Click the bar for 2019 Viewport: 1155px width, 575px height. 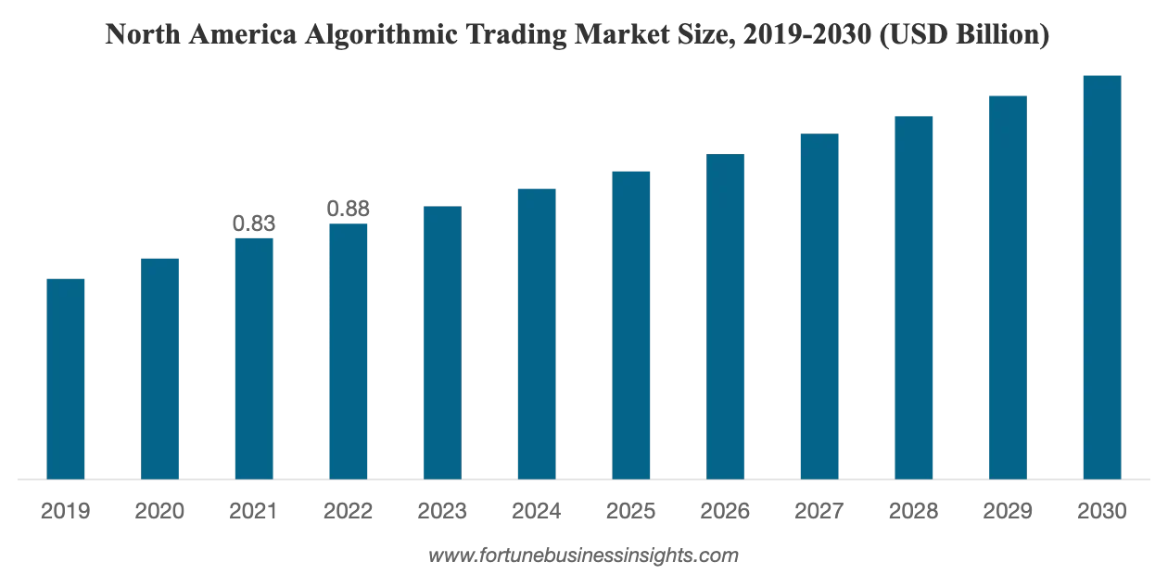(66, 379)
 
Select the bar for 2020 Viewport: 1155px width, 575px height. (159, 369)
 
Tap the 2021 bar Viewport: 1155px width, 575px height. (254, 359)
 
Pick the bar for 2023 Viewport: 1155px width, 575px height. (442, 343)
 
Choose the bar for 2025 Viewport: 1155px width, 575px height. (631, 326)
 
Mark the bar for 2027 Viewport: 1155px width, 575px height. (819, 306)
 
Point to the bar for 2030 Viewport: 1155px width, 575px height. (1102, 277)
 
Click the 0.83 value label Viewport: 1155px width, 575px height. (254, 224)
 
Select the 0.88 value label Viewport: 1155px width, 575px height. (348, 209)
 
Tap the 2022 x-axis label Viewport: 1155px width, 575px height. (348, 511)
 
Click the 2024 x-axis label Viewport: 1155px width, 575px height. (536, 511)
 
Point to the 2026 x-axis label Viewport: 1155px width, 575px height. (725, 511)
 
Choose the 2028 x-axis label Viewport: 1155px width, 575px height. (913, 511)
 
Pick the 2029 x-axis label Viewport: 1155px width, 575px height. (1008, 511)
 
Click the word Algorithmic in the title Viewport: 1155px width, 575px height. (381, 35)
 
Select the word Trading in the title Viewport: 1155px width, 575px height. (516, 35)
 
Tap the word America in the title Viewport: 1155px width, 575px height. (242, 34)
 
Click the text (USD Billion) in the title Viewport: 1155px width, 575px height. (964, 34)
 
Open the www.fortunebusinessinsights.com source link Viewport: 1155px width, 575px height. (583, 556)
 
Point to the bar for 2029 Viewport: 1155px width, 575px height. (1008, 287)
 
